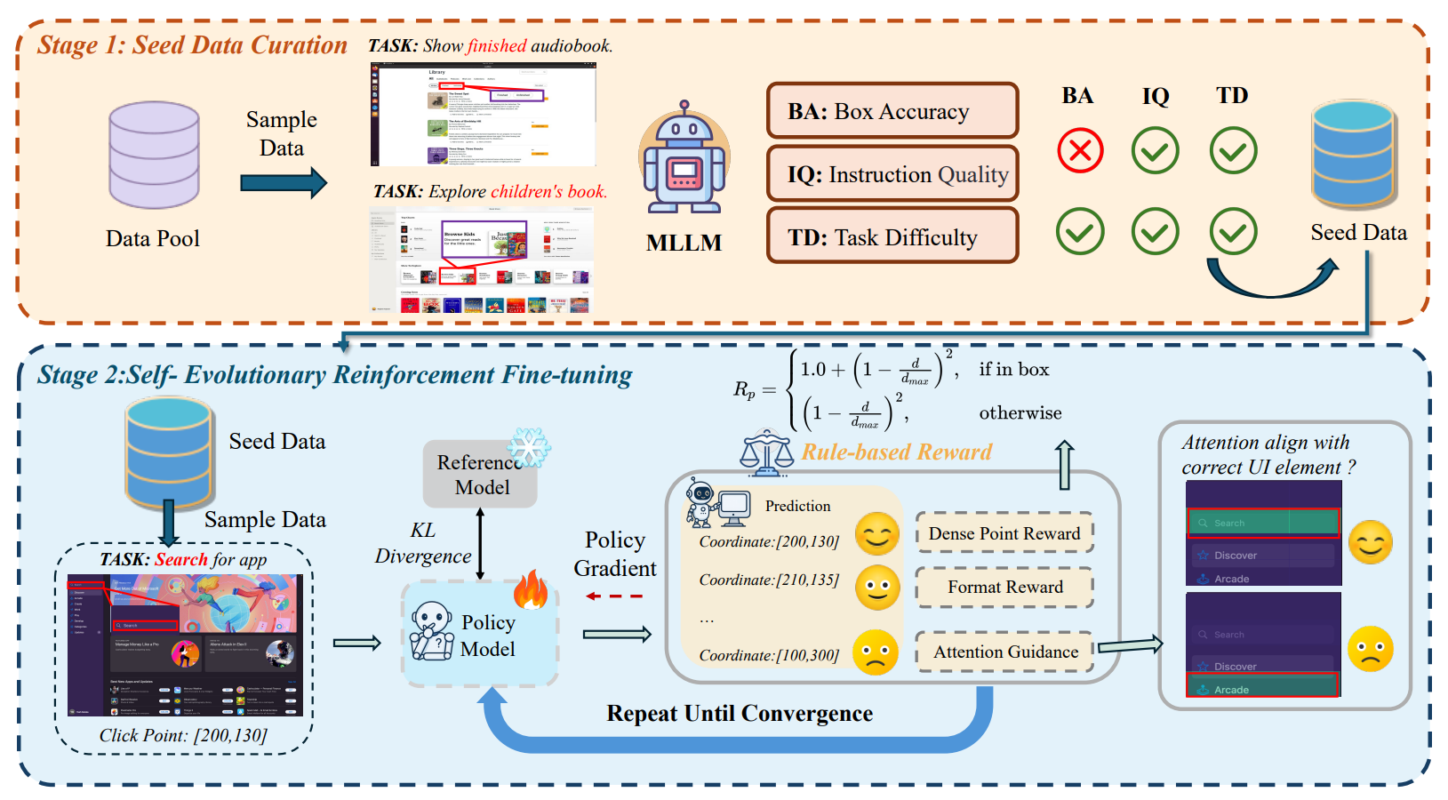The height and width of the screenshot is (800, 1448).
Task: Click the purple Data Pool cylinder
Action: point(154,156)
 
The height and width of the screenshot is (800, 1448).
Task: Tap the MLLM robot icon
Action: point(684,160)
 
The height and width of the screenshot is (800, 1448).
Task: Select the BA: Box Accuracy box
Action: point(892,111)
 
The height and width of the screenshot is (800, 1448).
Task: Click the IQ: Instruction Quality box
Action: point(892,174)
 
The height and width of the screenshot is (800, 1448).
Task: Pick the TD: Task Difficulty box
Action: point(892,236)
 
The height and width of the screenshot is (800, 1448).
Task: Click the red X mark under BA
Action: point(1080,150)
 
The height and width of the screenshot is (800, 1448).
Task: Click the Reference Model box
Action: point(481,475)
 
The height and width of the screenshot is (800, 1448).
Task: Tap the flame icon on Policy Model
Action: point(532,589)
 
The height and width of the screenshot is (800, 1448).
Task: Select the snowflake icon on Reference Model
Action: point(529,447)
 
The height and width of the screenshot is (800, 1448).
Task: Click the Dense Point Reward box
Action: point(1004,533)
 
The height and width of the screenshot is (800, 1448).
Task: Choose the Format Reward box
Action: point(1004,587)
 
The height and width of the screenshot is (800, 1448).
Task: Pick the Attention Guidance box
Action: point(1005,652)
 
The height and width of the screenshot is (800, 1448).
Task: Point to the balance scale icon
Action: point(766,452)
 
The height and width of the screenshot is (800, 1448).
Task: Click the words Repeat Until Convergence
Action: point(740,714)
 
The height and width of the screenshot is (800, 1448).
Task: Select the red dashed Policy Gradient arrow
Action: point(614,596)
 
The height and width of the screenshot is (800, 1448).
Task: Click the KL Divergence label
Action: point(423,543)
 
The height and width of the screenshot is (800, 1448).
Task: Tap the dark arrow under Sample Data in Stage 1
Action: point(284,184)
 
